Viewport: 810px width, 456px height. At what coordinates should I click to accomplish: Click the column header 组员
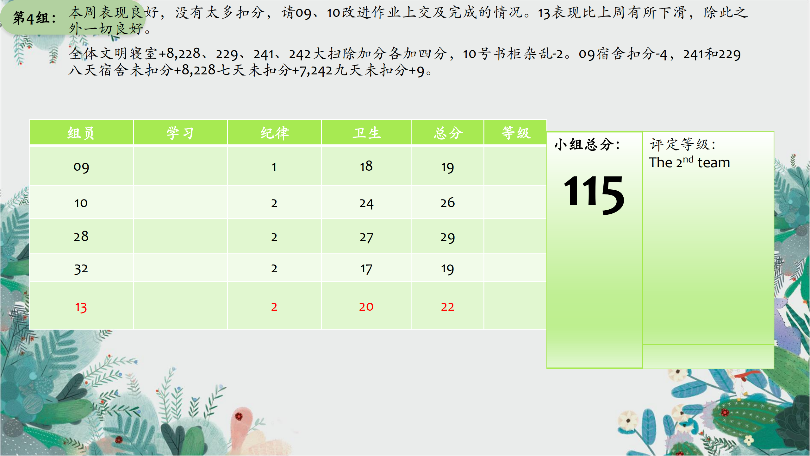(81, 133)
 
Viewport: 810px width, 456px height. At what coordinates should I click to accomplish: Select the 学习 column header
(180, 133)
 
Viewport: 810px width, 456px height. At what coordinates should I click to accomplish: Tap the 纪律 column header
(274, 133)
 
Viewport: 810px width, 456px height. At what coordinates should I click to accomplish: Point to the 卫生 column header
(366, 133)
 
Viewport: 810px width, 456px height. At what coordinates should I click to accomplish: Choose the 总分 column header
(448, 133)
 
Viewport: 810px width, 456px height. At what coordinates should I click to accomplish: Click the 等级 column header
(515, 133)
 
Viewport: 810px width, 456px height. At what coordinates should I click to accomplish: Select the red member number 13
(81, 307)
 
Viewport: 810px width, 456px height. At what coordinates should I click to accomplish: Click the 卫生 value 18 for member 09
(366, 166)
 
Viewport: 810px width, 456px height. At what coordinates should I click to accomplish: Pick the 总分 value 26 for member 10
(447, 203)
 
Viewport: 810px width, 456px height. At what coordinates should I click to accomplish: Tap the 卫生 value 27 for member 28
(366, 237)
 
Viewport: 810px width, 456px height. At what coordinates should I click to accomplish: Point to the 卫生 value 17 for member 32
(366, 269)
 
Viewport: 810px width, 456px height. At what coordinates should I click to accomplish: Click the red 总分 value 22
(447, 307)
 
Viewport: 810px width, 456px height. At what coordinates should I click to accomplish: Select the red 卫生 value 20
(366, 307)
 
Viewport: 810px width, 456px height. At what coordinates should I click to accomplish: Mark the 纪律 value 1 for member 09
(274, 167)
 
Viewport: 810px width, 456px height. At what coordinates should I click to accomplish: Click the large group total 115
(594, 195)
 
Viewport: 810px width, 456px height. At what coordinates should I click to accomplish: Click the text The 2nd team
(689, 162)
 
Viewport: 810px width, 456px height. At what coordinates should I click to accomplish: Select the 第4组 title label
(34, 18)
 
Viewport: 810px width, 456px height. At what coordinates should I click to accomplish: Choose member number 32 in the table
(81, 269)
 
